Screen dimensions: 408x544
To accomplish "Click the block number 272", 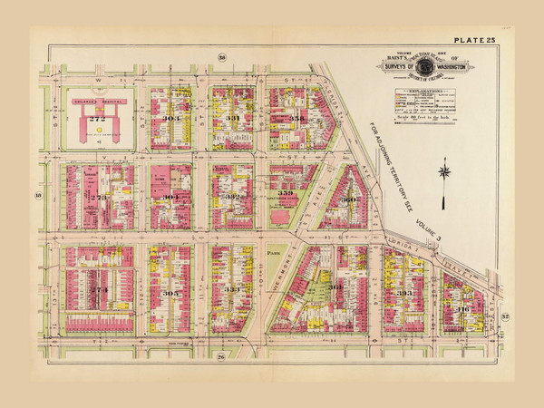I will (x=96, y=118).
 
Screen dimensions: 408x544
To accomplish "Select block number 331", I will (x=232, y=119).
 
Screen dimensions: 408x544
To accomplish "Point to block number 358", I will (x=296, y=119).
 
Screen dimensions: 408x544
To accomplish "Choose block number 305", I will (x=171, y=293).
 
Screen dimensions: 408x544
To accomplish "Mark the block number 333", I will (x=232, y=290).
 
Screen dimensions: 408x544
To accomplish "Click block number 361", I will (x=335, y=287).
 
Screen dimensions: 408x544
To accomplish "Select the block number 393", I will (x=404, y=293).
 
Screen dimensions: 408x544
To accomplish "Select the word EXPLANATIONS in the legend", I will (x=413, y=91).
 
